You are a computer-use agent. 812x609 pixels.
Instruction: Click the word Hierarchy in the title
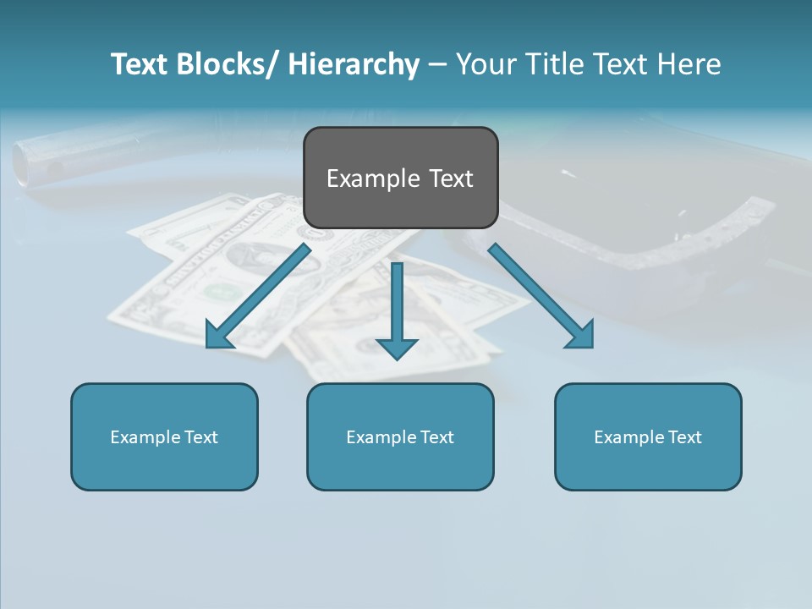coord(354,64)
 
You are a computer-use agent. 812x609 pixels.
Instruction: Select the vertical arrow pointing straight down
coord(397,304)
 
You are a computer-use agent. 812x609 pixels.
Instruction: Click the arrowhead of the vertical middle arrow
coord(397,348)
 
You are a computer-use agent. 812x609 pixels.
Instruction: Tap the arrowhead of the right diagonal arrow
coord(582,337)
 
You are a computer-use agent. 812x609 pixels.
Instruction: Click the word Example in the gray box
coord(365,178)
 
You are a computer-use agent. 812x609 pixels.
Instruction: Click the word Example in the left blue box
coord(145,437)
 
